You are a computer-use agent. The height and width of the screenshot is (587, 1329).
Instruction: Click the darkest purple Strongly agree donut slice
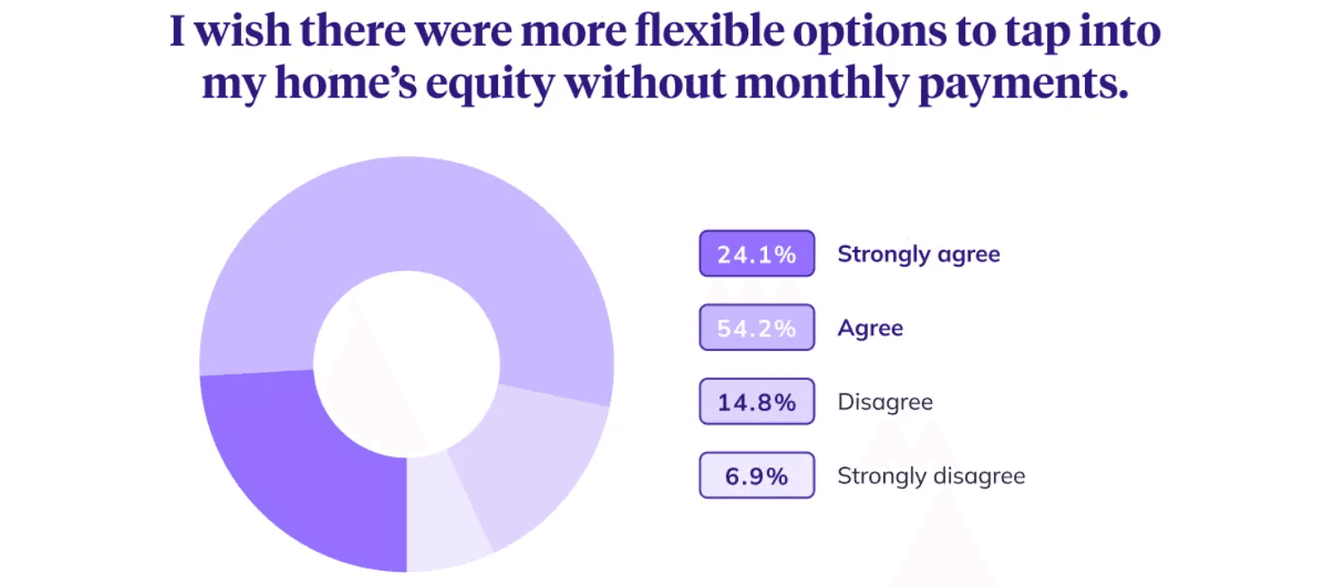tap(296, 469)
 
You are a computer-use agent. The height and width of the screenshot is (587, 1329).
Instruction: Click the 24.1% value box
tap(756, 254)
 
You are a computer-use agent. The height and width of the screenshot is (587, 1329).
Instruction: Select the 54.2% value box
tap(756, 328)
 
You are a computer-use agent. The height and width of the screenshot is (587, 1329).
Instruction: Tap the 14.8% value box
tap(756, 402)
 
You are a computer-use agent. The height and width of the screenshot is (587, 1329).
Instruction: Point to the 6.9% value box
tap(756, 475)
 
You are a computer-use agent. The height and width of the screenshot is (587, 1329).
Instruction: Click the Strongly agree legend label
tap(918, 255)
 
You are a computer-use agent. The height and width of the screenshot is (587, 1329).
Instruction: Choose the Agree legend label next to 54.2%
tap(871, 329)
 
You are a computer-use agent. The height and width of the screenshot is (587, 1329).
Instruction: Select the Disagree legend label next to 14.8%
tap(885, 402)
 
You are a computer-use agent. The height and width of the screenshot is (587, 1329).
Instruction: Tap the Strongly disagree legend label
tap(932, 476)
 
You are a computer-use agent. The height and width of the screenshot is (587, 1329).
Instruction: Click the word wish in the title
tap(242, 31)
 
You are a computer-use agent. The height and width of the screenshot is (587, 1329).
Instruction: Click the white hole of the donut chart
tap(407, 363)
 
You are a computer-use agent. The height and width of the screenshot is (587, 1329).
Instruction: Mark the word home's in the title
tap(346, 82)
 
